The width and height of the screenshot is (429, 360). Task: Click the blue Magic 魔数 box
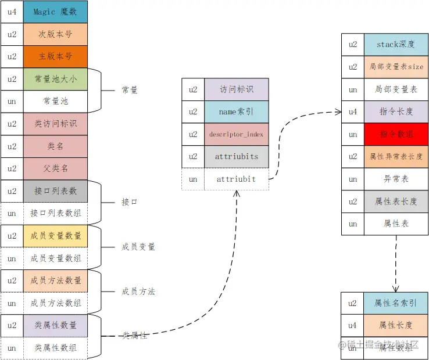[55, 12]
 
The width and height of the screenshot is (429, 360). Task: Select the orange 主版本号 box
[55, 57]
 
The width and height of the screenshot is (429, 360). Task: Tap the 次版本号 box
[55, 34]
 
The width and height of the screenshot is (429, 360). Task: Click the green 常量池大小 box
[55, 79]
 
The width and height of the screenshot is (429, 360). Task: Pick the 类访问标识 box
[55, 124]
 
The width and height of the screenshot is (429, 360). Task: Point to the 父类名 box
[55, 168]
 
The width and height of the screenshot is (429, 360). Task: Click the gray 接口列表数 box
[55, 191]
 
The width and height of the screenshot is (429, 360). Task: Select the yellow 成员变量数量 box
[55, 236]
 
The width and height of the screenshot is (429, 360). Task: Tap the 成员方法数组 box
[55, 303]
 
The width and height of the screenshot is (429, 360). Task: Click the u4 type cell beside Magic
[12, 12]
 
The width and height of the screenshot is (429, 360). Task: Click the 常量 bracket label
[130, 90]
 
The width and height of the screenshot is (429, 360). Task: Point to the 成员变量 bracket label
[138, 247]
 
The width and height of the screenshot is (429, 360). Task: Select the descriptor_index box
[237, 134]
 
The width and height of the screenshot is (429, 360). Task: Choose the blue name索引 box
[237, 111]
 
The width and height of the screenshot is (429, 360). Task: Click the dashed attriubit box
[237, 179]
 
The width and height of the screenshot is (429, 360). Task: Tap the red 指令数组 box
[396, 134]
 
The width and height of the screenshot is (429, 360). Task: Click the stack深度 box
[396, 44]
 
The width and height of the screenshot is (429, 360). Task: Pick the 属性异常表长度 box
[396, 156]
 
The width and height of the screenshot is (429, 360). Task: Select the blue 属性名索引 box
[396, 303]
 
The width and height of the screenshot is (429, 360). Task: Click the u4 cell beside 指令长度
[353, 111]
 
